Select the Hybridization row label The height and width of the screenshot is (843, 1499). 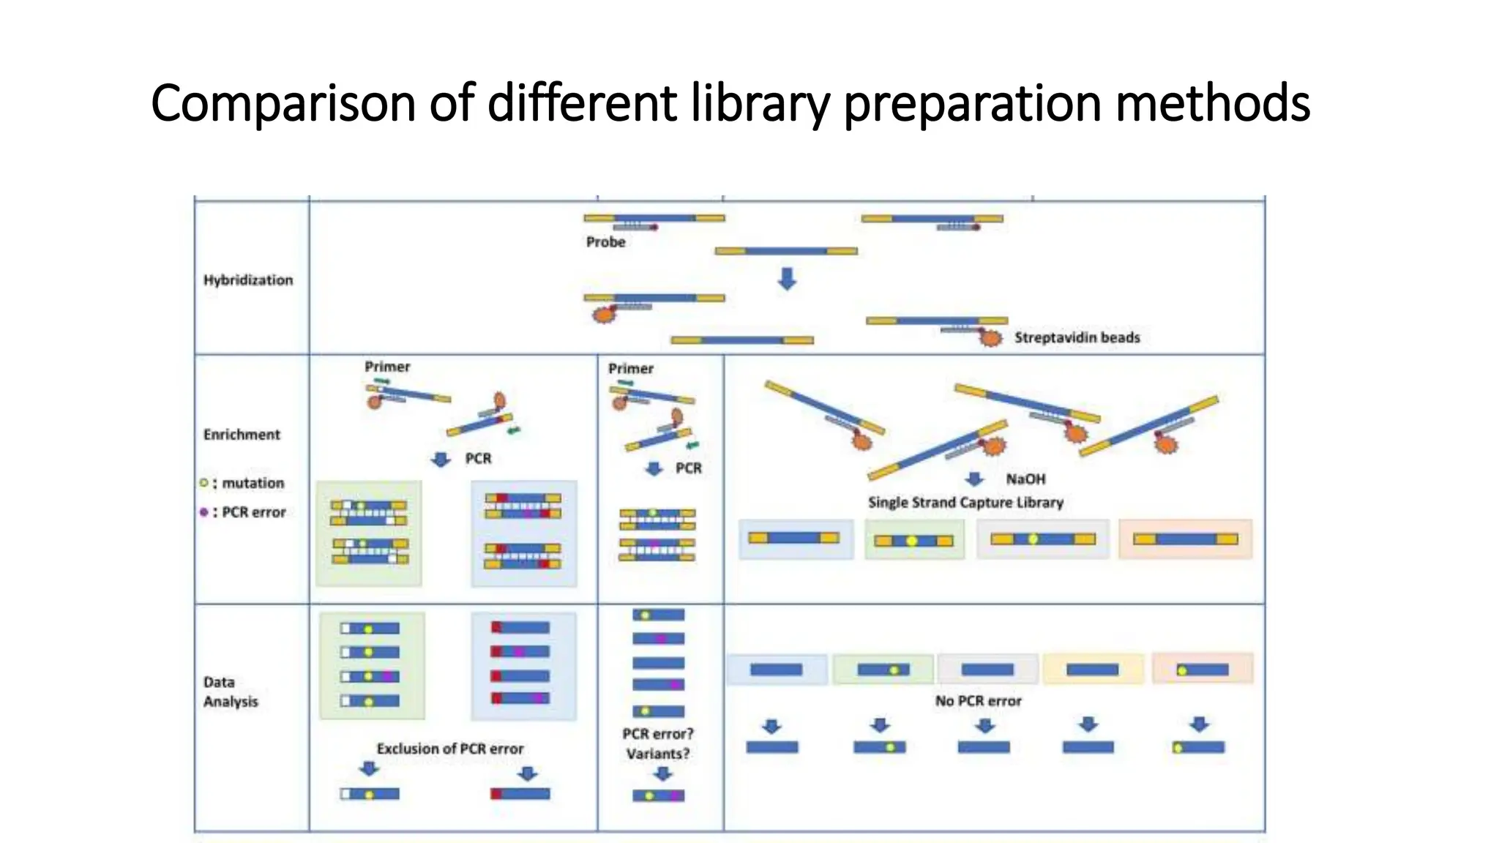pos(248,280)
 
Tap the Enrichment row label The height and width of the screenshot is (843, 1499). pos(242,435)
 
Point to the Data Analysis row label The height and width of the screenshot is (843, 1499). pos(231,692)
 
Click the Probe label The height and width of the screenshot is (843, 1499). pos(605,242)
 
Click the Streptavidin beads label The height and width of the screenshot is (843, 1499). pos(1077,337)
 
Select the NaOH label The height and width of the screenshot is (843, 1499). pos(1025,479)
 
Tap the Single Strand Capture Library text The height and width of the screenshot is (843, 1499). pos(965,503)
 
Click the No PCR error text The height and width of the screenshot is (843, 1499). pos(978,701)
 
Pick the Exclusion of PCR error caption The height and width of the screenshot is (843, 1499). pos(450,749)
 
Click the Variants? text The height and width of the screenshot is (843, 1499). pos(658,754)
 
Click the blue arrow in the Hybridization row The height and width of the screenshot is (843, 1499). pos(787,279)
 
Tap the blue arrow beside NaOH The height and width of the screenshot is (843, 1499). pos(974,479)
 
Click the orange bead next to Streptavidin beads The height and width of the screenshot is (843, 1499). pos(990,338)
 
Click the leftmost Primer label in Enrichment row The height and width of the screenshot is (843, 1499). pos(387,367)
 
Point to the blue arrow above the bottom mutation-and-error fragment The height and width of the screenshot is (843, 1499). pos(662,774)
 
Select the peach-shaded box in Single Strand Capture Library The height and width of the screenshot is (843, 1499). pos(1185,539)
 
